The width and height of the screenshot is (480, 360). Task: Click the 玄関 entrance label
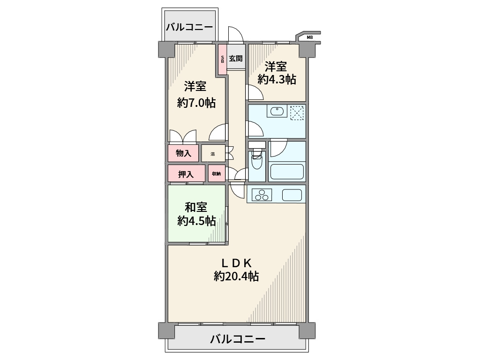click(x=236, y=59)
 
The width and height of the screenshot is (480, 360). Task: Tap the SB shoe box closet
click(x=222, y=59)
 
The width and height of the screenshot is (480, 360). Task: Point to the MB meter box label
click(x=309, y=37)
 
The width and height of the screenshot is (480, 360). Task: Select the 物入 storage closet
click(x=183, y=153)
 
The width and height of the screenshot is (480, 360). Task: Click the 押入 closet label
click(x=186, y=174)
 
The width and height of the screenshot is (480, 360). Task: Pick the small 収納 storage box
click(x=216, y=174)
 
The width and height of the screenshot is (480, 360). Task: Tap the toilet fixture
click(x=257, y=162)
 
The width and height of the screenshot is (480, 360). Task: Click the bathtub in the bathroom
click(x=287, y=172)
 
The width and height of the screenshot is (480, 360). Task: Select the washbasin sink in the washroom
click(x=277, y=112)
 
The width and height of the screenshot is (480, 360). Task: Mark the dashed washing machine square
click(x=297, y=113)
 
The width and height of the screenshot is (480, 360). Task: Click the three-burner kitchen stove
click(x=261, y=195)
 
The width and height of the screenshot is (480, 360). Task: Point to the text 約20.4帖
click(x=236, y=277)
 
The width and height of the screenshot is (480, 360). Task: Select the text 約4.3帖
click(x=277, y=79)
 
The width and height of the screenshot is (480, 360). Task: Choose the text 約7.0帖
click(x=196, y=103)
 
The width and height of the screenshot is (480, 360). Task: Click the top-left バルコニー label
click(x=189, y=26)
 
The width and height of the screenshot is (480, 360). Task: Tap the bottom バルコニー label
click(x=238, y=339)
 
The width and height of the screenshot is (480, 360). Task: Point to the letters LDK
click(x=237, y=262)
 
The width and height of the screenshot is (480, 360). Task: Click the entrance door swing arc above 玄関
click(x=235, y=35)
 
